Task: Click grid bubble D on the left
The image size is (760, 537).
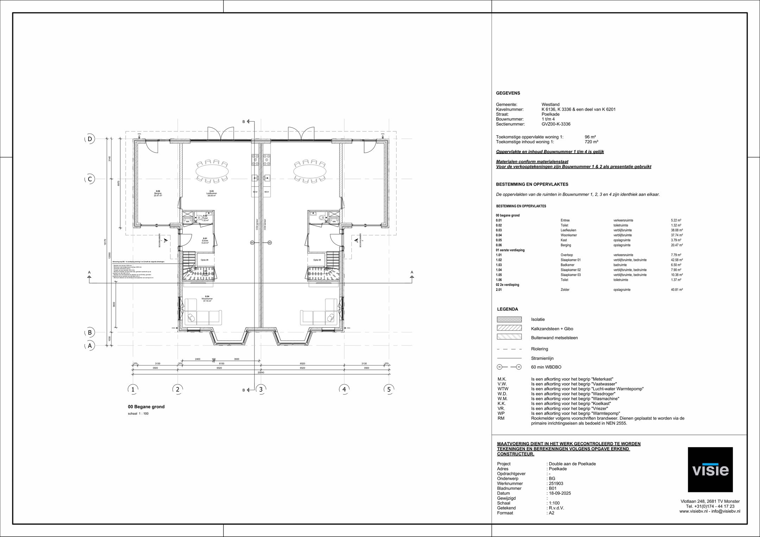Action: (x=90, y=139)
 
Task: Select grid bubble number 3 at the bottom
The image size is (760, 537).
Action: (x=261, y=389)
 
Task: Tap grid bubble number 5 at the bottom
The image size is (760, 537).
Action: (x=389, y=389)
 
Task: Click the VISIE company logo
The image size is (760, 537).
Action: (x=710, y=469)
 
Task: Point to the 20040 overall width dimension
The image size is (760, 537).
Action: (x=261, y=372)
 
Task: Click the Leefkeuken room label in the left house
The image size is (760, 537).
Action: (x=211, y=193)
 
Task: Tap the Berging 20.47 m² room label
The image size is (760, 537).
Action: (x=158, y=193)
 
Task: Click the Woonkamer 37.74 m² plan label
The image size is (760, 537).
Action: (x=208, y=299)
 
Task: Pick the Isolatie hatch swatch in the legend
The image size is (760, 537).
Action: (x=509, y=319)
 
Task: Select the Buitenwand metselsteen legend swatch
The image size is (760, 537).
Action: (x=509, y=337)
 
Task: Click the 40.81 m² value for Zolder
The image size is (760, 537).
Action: (x=677, y=290)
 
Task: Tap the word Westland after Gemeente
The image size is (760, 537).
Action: (x=550, y=105)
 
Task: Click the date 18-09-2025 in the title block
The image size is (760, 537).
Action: (x=560, y=493)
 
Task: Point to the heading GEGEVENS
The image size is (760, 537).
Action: (x=508, y=93)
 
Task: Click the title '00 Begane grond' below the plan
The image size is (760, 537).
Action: (x=146, y=407)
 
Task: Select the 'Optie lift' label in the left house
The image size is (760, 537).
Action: (x=204, y=260)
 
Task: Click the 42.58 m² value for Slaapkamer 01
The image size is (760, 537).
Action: (x=677, y=260)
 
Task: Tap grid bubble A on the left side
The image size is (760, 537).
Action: (x=90, y=346)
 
